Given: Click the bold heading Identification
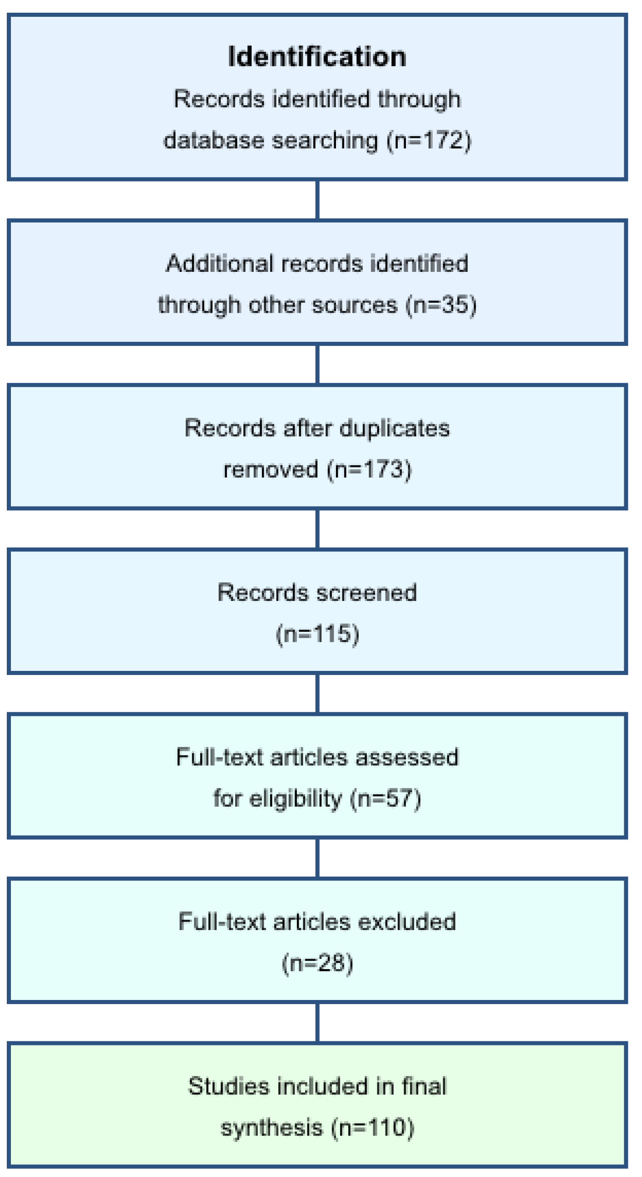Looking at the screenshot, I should pos(316,57).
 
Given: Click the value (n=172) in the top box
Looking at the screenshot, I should pos(429,140).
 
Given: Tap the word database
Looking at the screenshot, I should pos(213,140).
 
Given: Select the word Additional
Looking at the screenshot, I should pos(219,264).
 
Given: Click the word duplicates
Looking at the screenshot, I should pos(394,428).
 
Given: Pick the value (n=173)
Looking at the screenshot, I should pos(369,469).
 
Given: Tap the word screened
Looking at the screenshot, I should pos(366,593).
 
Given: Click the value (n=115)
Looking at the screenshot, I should pos(317,634).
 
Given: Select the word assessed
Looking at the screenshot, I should pos(407,757).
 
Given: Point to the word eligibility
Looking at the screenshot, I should pos(296,799).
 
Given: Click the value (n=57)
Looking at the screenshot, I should pos(385,799).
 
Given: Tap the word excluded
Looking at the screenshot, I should pos(407,921).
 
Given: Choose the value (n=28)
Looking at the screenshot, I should pos(317,963).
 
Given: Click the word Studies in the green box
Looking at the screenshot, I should pos(228,1086).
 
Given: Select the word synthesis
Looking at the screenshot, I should pos(272,1128).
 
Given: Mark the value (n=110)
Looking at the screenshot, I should pos(372,1128).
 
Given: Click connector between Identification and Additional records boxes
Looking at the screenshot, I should pos(317,200).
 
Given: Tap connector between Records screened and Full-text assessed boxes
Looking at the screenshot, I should pos(317,694).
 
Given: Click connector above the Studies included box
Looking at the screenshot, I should pos(317,1023).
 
